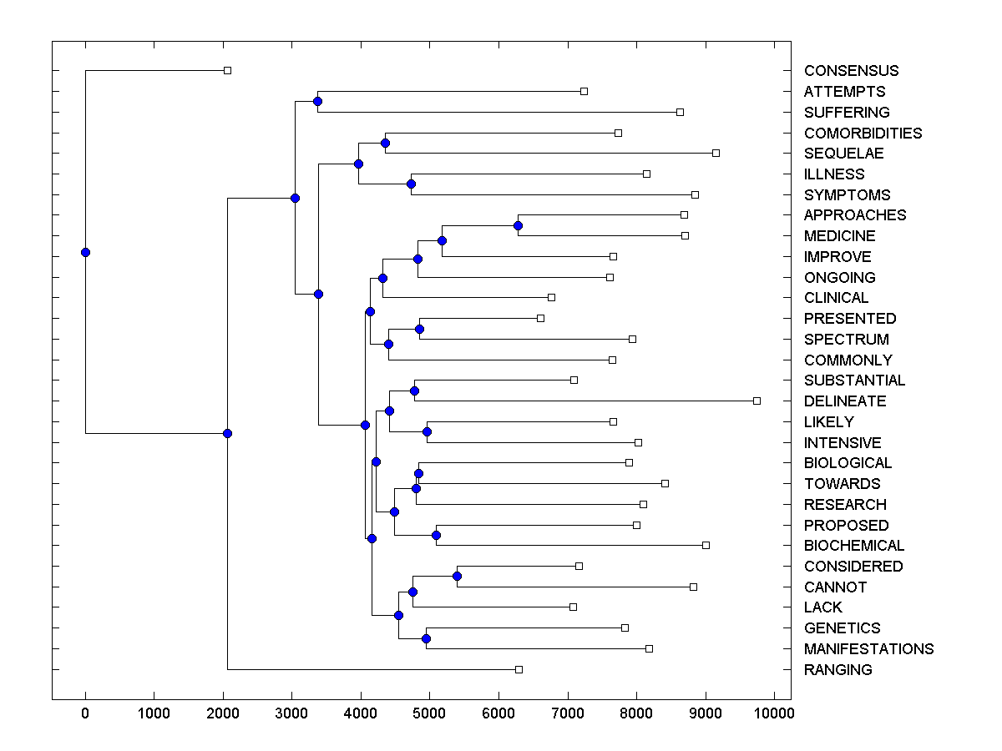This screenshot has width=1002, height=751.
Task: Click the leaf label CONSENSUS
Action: [x=851, y=71]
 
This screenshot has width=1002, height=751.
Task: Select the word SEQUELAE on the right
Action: [x=843, y=154]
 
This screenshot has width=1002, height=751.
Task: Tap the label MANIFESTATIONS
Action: [x=868, y=649]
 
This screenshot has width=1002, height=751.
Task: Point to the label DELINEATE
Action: [x=845, y=401]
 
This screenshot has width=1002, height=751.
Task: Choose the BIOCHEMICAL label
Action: [x=854, y=546]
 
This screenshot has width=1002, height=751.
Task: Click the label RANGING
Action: [x=838, y=670]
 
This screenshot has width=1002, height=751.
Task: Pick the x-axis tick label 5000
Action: [x=429, y=713]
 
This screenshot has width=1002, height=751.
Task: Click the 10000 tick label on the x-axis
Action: [x=774, y=713]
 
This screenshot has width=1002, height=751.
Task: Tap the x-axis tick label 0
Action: [x=85, y=713]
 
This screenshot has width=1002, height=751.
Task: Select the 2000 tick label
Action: [x=223, y=713]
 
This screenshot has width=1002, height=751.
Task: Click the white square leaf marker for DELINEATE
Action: [x=757, y=401]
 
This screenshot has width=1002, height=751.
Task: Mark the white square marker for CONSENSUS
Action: [x=227, y=70]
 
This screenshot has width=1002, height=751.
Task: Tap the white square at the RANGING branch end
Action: [x=519, y=669]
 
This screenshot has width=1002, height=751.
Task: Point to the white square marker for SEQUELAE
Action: [x=716, y=153]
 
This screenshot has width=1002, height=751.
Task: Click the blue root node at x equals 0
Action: [x=85, y=252]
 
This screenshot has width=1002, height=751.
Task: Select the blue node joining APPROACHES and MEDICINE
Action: [x=518, y=225]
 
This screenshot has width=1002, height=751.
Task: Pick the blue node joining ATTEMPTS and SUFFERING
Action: [x=317, y=101]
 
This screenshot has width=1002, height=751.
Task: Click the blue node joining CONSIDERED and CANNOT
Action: [x=457, y=576]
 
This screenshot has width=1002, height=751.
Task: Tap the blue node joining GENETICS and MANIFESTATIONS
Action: [x=426, y=638]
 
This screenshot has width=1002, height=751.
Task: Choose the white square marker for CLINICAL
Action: [x=551, y=297]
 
